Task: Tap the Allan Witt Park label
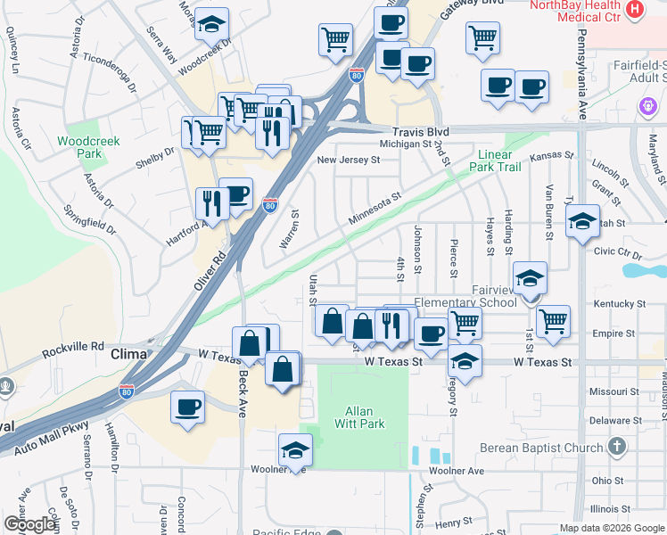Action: (365, 417)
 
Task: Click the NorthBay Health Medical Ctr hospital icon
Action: (635, 10)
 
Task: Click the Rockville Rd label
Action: (72, 346)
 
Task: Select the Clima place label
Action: (128, 354)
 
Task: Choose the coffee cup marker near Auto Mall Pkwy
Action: (187, 407)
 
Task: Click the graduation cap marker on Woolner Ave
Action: (295, 450)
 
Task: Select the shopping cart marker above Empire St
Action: (553, 319)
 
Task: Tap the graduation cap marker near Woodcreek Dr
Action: (211, 24)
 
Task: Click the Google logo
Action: (30, 524)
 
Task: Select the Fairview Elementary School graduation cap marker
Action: (530, 279)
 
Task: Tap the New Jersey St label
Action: (349, 160)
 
